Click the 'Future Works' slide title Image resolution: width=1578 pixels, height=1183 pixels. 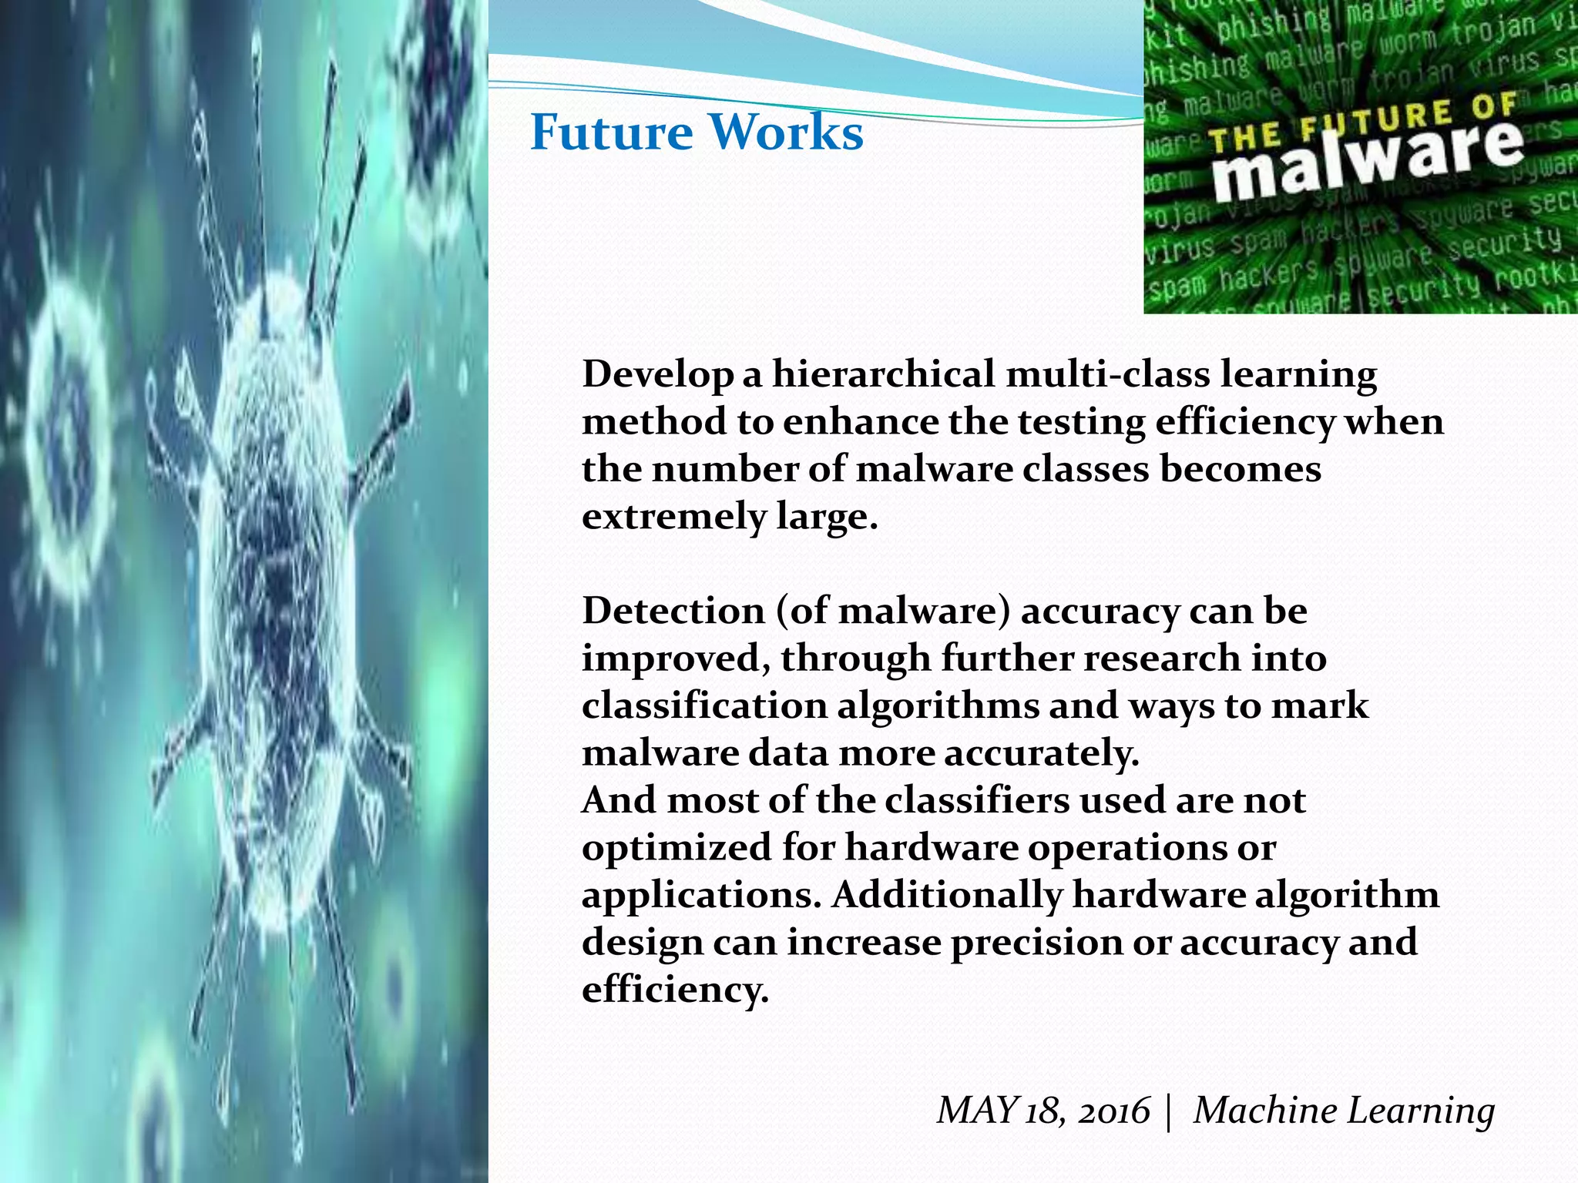pos(697,132)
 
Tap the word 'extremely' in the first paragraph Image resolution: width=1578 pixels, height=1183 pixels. pos(673,517)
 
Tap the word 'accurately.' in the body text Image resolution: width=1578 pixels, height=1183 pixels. pos(1041,753)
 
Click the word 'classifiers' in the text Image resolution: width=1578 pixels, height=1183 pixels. pos(976,800)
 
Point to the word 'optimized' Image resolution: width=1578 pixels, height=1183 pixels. pos(677,849)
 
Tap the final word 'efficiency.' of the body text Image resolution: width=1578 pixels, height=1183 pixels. pos(675,990)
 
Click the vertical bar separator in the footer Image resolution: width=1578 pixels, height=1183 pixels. pos(1170,1112)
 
